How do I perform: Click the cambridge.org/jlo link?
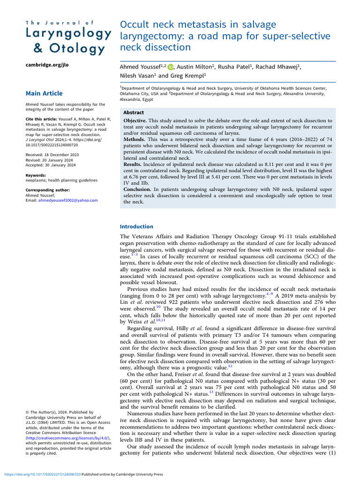[x=47, y=65]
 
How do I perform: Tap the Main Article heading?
[x=44, y=94]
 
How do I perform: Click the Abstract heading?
[x=134, y=113]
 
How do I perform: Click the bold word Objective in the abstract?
[x=137, y=121]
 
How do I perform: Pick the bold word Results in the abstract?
[x=135, y=165]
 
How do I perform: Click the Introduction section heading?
[x=136, y=226]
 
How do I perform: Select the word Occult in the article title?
[x=135, y=25]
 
